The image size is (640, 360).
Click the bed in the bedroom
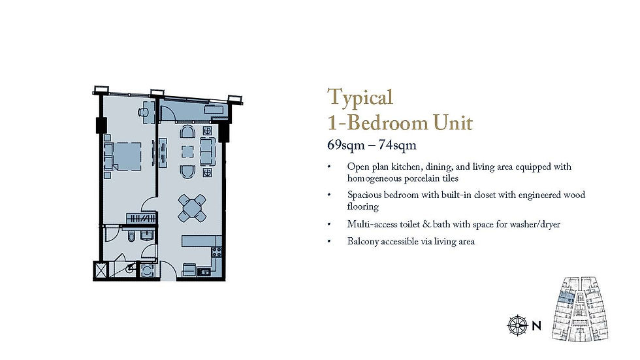tap(125, 156)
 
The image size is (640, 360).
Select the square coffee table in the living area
tap(188, 152)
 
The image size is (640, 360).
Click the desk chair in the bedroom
tap(142, 112)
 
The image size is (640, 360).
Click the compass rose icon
tap(517, 324)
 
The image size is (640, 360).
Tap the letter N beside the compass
tap(536, 325)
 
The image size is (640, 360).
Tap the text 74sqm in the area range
tap(397, 144)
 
